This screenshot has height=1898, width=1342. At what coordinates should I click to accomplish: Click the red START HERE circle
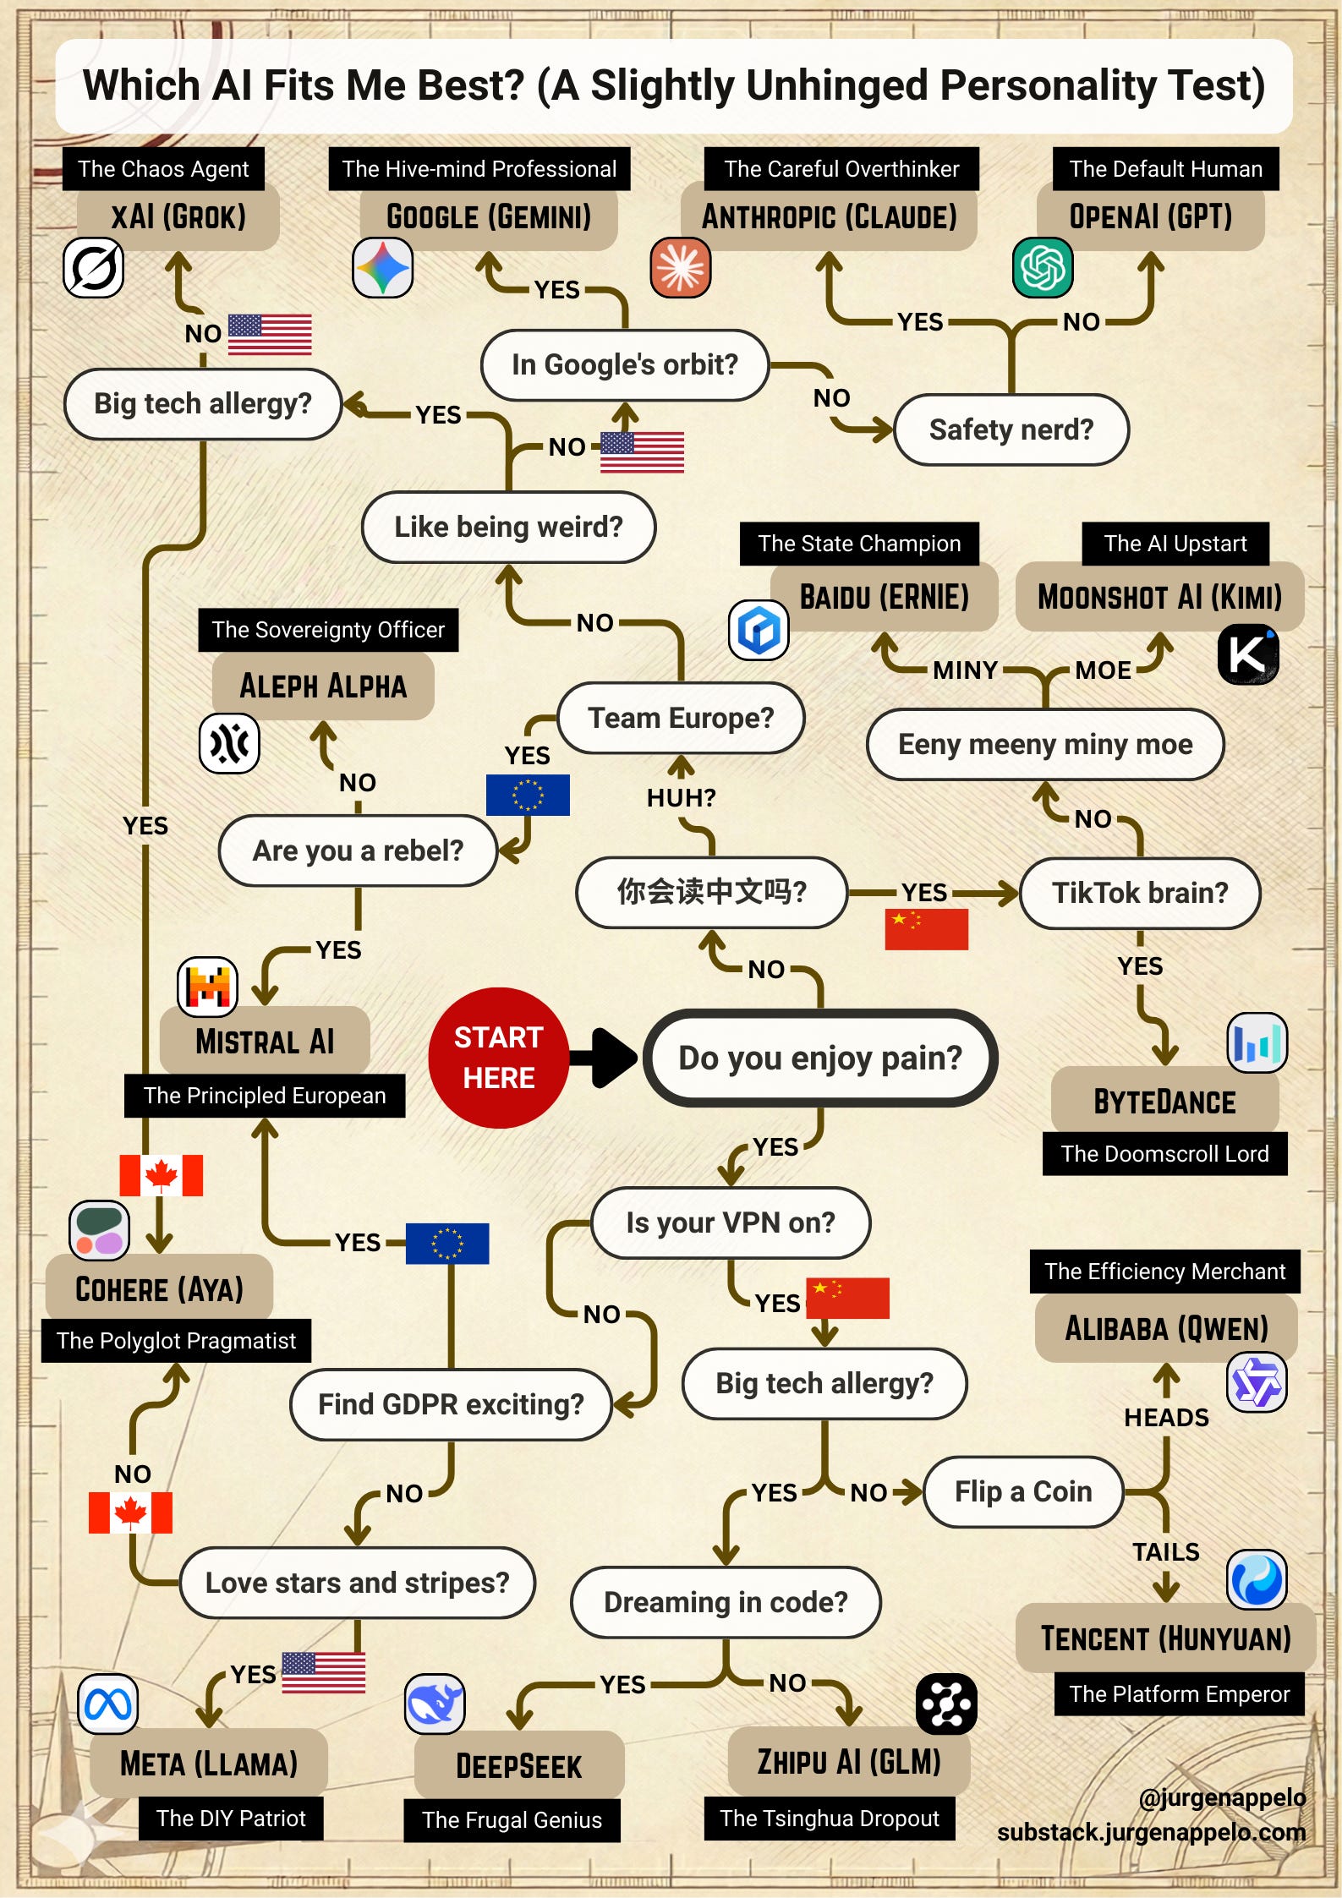[x=498, y=1057]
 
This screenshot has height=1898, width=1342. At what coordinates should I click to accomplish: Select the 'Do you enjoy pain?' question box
[x=819, y=1058]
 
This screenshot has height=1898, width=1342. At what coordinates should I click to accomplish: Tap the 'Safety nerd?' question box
[x=1011, y=429]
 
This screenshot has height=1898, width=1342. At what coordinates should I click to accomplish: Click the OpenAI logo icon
[x=1043, y=268]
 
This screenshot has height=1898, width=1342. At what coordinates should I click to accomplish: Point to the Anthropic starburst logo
[x=681, y=268]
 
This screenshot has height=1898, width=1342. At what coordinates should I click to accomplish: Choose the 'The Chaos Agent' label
[x=163, y=169]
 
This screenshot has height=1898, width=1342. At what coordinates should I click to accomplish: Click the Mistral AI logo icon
[x=207, y=987]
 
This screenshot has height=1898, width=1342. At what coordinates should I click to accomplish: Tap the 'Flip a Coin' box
[x=1023, y=1491]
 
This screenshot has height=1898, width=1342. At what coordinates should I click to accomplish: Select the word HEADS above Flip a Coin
[x=1166, y=1418]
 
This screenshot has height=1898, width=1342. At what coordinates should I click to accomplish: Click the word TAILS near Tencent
[x=1166, y=1552]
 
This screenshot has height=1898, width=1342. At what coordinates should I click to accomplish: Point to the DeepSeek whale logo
[x=435, y=1704]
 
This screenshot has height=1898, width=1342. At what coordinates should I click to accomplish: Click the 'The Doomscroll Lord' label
[x=1164, y=1154]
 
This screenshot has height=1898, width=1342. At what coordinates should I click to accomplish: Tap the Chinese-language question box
[x=711, y=893]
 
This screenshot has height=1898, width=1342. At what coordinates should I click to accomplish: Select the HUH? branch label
[x=681, y=797]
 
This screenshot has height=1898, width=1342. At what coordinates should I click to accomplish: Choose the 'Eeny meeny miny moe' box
[x=1045, y=744]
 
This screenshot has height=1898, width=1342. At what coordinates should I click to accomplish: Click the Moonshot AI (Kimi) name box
[x=1159, y=597]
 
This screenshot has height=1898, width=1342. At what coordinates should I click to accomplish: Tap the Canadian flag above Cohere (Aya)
[x=161, y=1175]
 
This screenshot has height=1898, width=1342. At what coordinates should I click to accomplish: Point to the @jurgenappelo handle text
[x=1222, y=1797]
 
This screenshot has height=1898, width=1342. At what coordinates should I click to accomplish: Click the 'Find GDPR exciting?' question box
[x=451, y=1404]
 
